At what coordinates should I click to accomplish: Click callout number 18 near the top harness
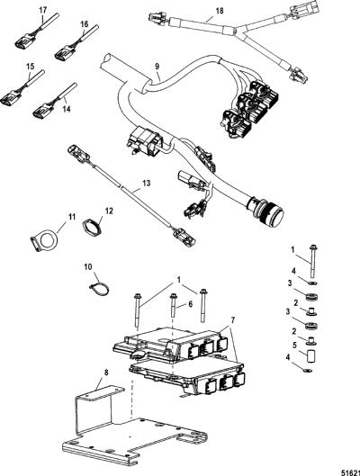(220, 11)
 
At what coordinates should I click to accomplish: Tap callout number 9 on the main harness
(157, 67)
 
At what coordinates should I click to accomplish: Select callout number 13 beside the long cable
(147, 184)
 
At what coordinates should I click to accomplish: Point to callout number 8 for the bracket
(106, 373)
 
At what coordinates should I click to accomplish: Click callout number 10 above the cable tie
(88, 267)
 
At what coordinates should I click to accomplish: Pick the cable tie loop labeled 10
(99, 289)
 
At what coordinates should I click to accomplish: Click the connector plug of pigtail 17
(24, 41)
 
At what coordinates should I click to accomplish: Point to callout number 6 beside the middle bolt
(190, 303)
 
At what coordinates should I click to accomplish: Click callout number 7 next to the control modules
(233, 320)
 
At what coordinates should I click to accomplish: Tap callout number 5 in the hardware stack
(293, 345)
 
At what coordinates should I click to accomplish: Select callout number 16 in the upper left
(85, 24)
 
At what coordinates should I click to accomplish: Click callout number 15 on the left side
(31, 67)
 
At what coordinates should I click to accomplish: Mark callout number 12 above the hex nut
(109, 211)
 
